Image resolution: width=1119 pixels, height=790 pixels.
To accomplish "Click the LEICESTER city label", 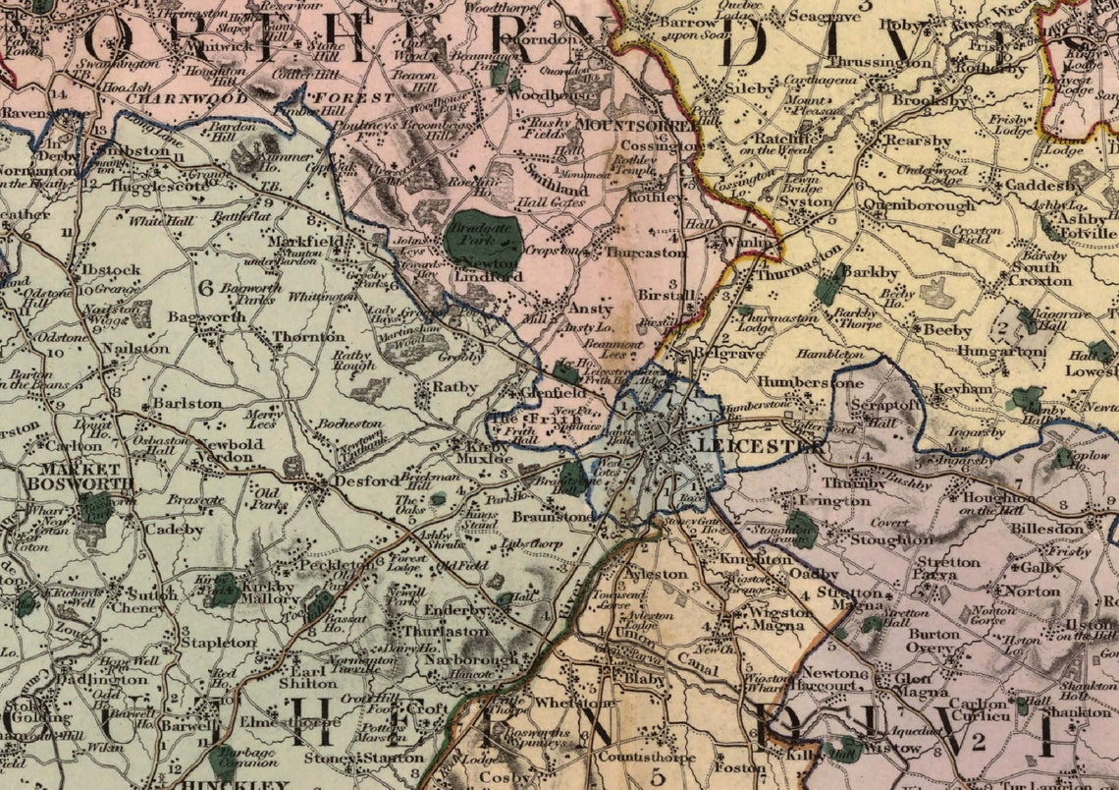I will coord(759,446).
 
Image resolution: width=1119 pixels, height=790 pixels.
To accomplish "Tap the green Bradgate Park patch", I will coord(482,239).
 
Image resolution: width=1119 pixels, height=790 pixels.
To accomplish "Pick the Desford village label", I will coord(352,482).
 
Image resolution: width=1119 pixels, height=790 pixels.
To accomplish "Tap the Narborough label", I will coord(477,660).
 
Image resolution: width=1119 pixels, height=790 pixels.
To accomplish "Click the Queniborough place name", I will coord(919,205).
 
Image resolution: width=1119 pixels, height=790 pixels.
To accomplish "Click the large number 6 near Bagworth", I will coord(205,288).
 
